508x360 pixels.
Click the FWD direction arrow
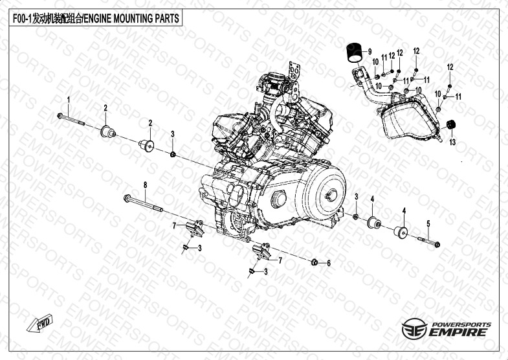click(x=40, y=323)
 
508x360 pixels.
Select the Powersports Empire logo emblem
click(x=414, y=328)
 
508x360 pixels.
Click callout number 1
click(x=69, y=99)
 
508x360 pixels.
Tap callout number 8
click(x=145, y=185)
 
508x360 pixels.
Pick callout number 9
click(x=370, y=52)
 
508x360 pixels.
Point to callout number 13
click(x=452, y=142)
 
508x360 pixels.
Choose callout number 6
click(x=329, y=264)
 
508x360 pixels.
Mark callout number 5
click(x=428, y=223)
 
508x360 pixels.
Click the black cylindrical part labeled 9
click(x=355, y=52)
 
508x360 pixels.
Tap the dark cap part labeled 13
click(x=450, y=124)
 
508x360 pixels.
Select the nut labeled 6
click(x=314, y=262)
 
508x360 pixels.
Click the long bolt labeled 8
click(x=143, y=203)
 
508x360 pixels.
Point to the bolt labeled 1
click(x=71, y=119)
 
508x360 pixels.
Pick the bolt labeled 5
click(x=428, y=242)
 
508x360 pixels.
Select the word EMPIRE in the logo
click(x=457, y=332)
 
